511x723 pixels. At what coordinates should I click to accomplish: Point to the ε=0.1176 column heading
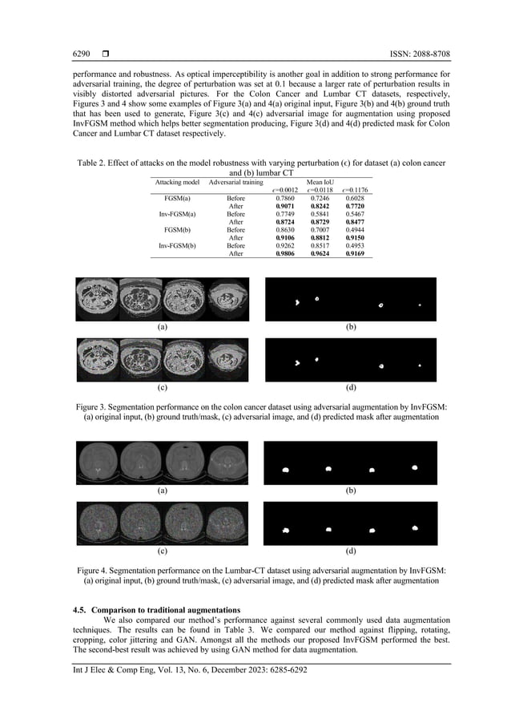pyautogui.click(x=354, y=190)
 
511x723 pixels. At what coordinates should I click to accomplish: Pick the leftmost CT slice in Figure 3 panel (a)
pyautogui.click(x=97, y=299)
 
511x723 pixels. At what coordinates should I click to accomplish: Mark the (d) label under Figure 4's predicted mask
pyautogui.click(x=350, y=551)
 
